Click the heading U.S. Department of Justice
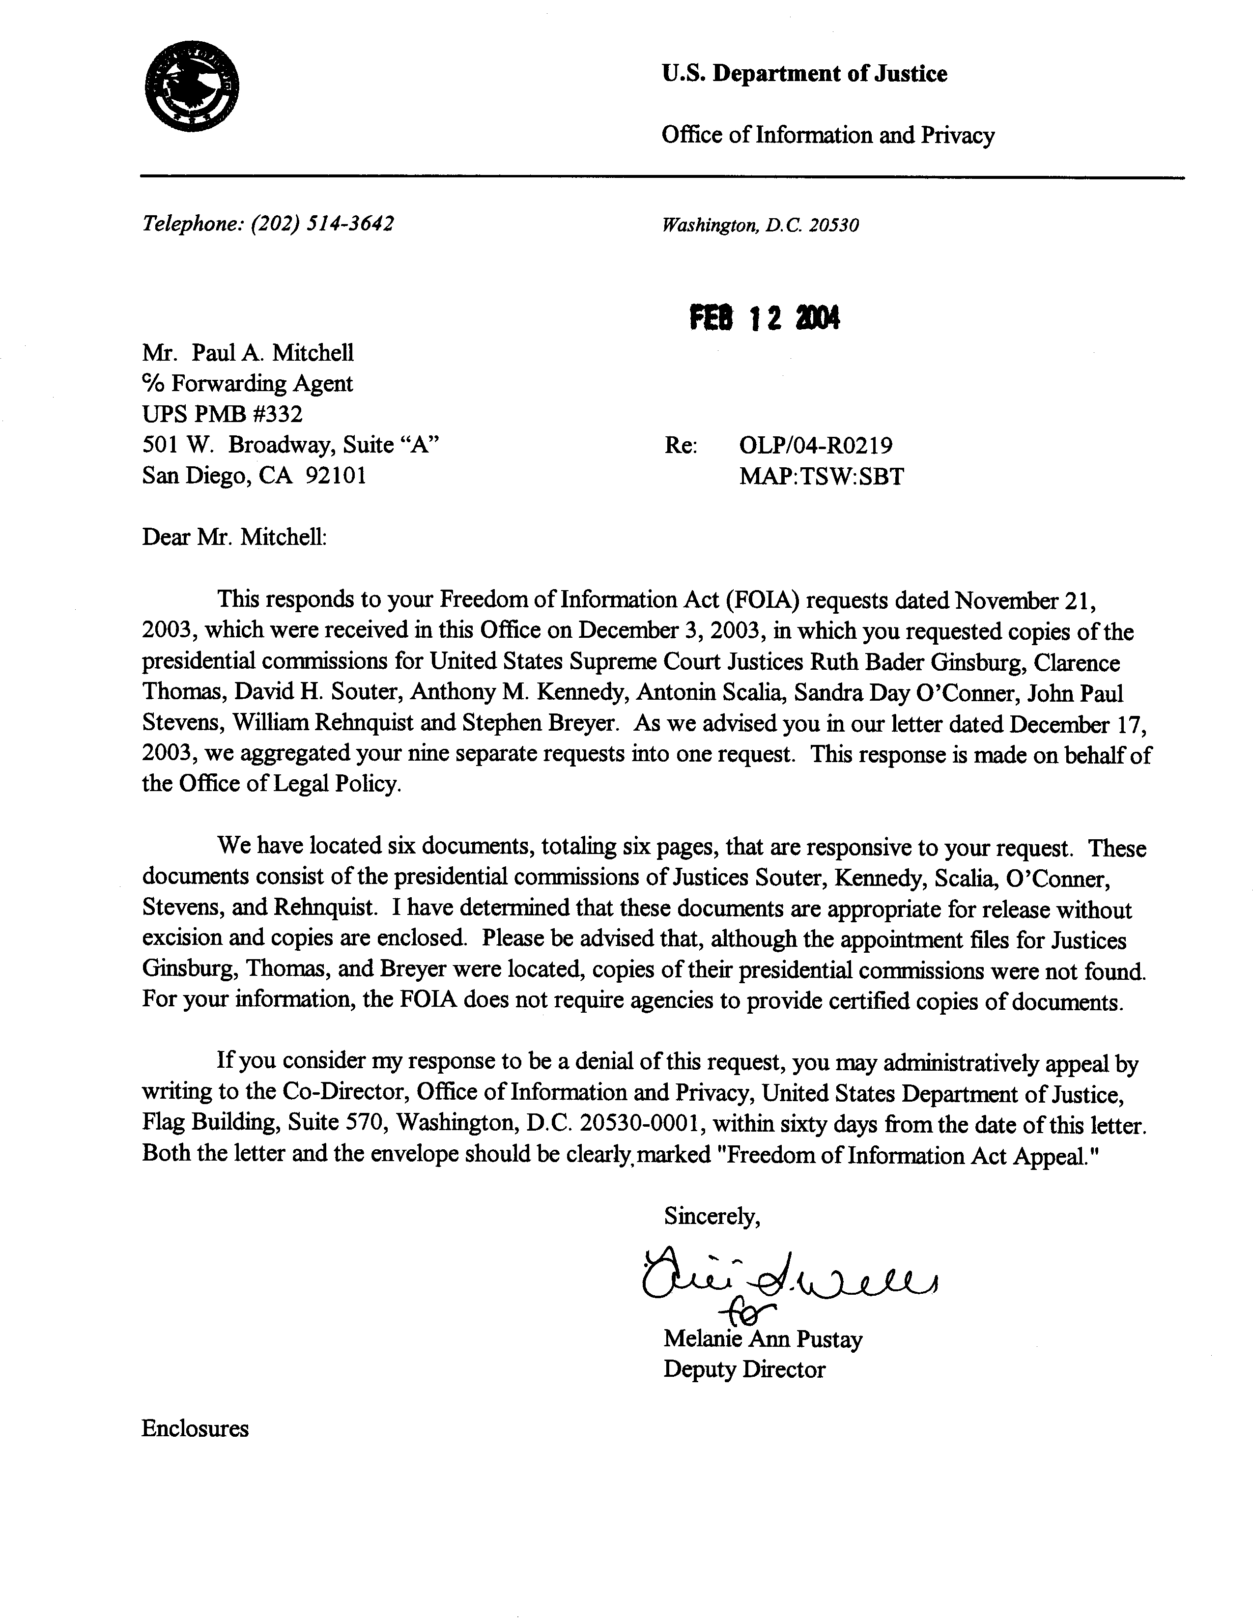coord(804,74)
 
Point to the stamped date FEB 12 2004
coord(765,319)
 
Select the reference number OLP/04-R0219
coord(815,445)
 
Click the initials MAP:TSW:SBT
coord(821,476)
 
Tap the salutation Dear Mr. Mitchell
coord(234,537)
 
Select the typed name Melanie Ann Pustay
coord(762,1339)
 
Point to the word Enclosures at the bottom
coord(195,1429)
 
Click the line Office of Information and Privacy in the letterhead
coord(827,136)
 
